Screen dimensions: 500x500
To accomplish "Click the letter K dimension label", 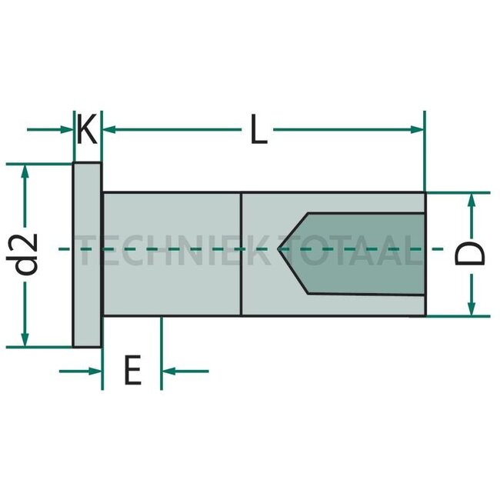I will [x=87, y=130].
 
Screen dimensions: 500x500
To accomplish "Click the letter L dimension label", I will [x=258, y=130].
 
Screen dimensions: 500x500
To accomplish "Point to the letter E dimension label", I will [x=132, y=372].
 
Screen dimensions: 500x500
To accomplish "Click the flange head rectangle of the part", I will [x=88, y=255].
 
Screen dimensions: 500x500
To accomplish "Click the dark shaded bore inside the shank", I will [x=362, y=253].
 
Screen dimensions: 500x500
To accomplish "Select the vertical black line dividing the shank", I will [x=242, y=254].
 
